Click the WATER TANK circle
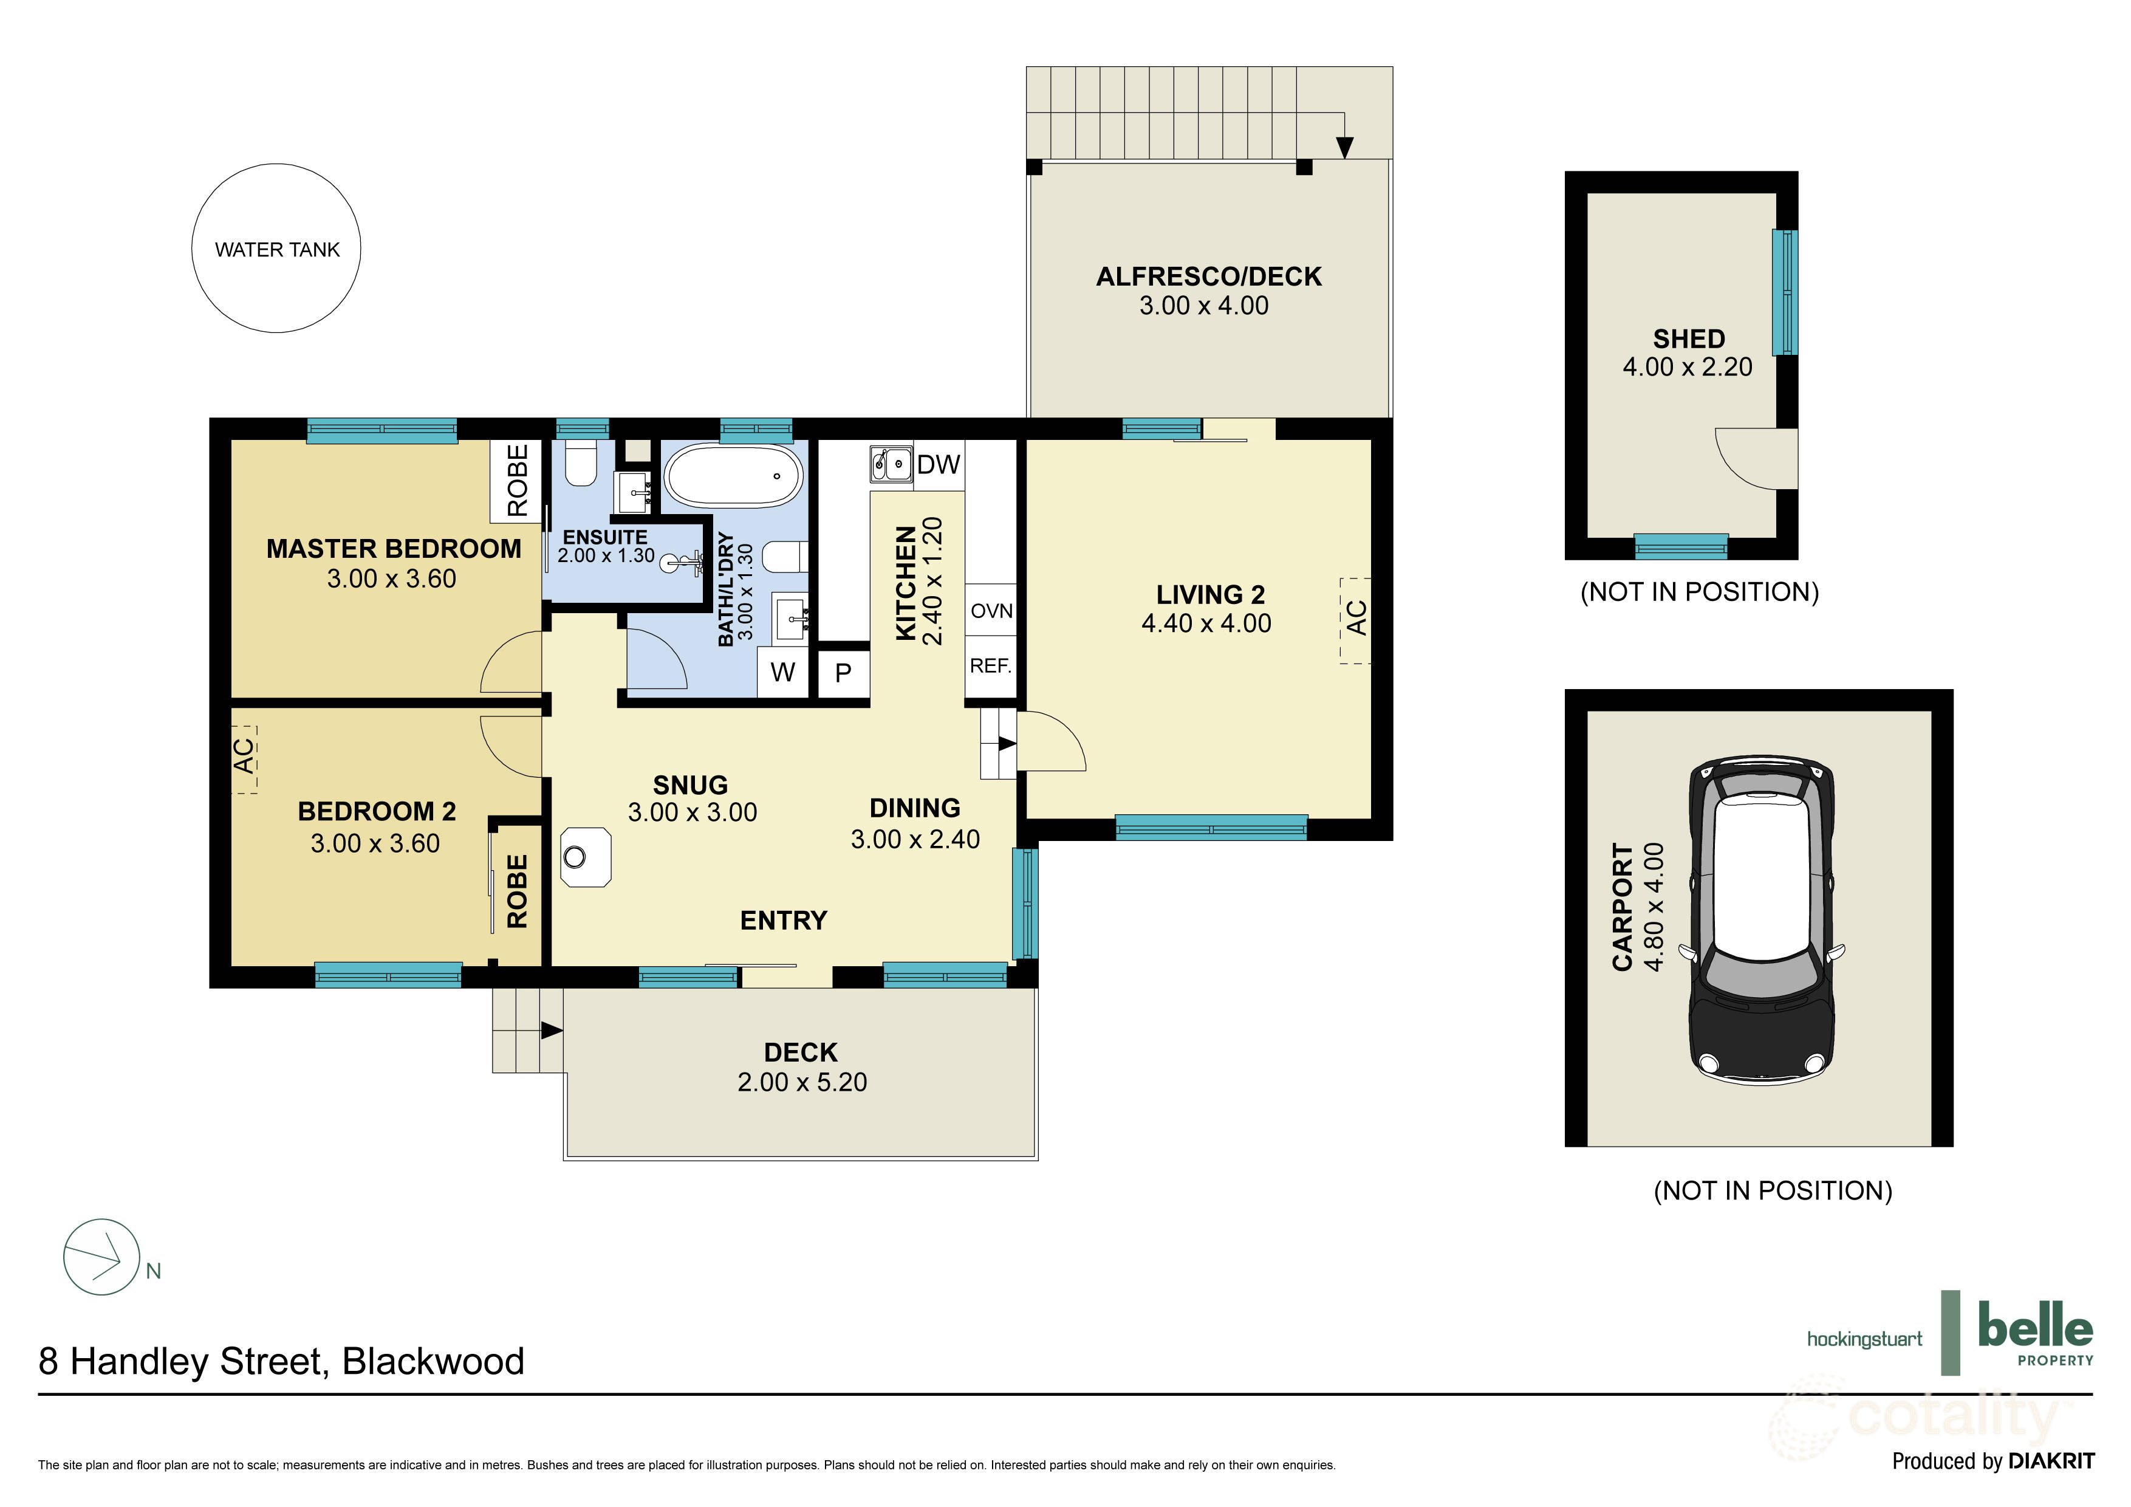pyautogui.click(x=276, y=248)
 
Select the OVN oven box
pyautogui.click(x=990, y=611)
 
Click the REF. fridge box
pyautogui.click(x=990, y=666)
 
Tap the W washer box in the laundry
pyautogui.click(x=782, y=672)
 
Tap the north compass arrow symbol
pyautogui.click(x=101, y=1256)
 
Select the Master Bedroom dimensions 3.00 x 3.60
pyautogui.click(x=392, y=578)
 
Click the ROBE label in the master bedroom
pyautogui.click(x=517, y=480)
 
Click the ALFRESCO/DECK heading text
pyautogui.click(x=1208, y=276)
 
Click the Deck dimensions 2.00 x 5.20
pyautogui.click(x=802, y=1082)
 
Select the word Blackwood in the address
pyautogui.click(x=434, y=1361)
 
